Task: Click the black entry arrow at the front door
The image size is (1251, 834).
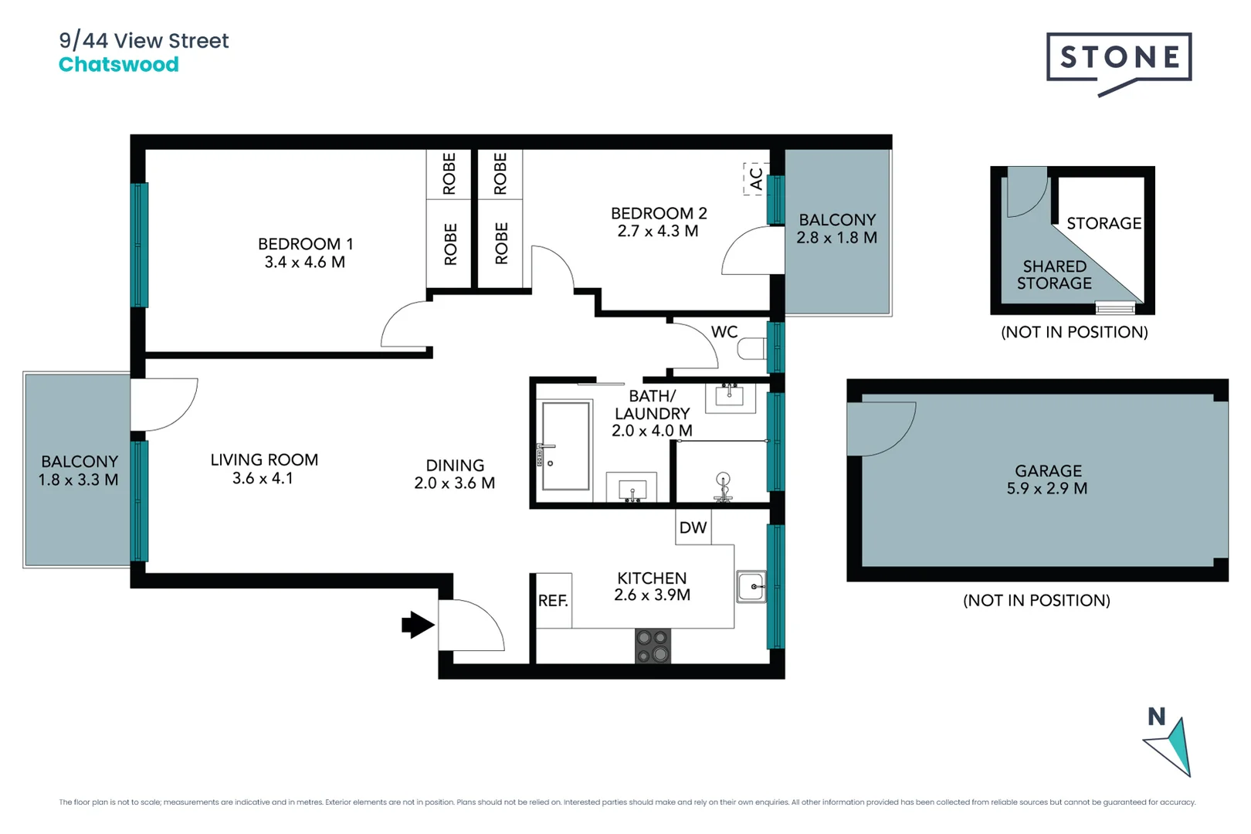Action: click(x=418, y=625)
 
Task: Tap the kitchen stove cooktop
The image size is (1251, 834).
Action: click(x=653, y=646)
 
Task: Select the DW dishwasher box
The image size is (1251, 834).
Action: click(x=693, y=527)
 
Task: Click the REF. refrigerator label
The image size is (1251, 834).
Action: click(x=553, y=601)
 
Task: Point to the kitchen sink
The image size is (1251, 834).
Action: click(x=751, y=587)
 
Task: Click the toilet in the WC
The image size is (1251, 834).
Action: click(x=751, y=349)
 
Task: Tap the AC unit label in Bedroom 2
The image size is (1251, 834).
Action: click(x=756, y=179)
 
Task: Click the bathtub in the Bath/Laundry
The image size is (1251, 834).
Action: click(x=565, y=446)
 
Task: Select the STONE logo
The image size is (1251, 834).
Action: click(x=1119, y=59)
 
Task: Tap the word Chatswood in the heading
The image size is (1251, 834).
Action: click(x=119, y=65)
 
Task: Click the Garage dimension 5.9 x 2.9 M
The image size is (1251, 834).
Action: click(x=1046, y=489)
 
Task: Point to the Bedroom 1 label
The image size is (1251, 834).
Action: click(x=305, y=244)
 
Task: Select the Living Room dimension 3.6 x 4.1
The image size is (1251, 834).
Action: click(x=263, y=479)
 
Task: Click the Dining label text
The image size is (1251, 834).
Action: click(x=455, y=466)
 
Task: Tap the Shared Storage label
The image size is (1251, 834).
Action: click(x=1054, y=275)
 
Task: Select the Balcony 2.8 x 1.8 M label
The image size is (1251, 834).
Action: click(x=837, y=229)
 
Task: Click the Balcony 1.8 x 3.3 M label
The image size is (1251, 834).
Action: click(x=79, y=470)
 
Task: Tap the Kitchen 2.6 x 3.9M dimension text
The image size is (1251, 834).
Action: click(x=652, y=595)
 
